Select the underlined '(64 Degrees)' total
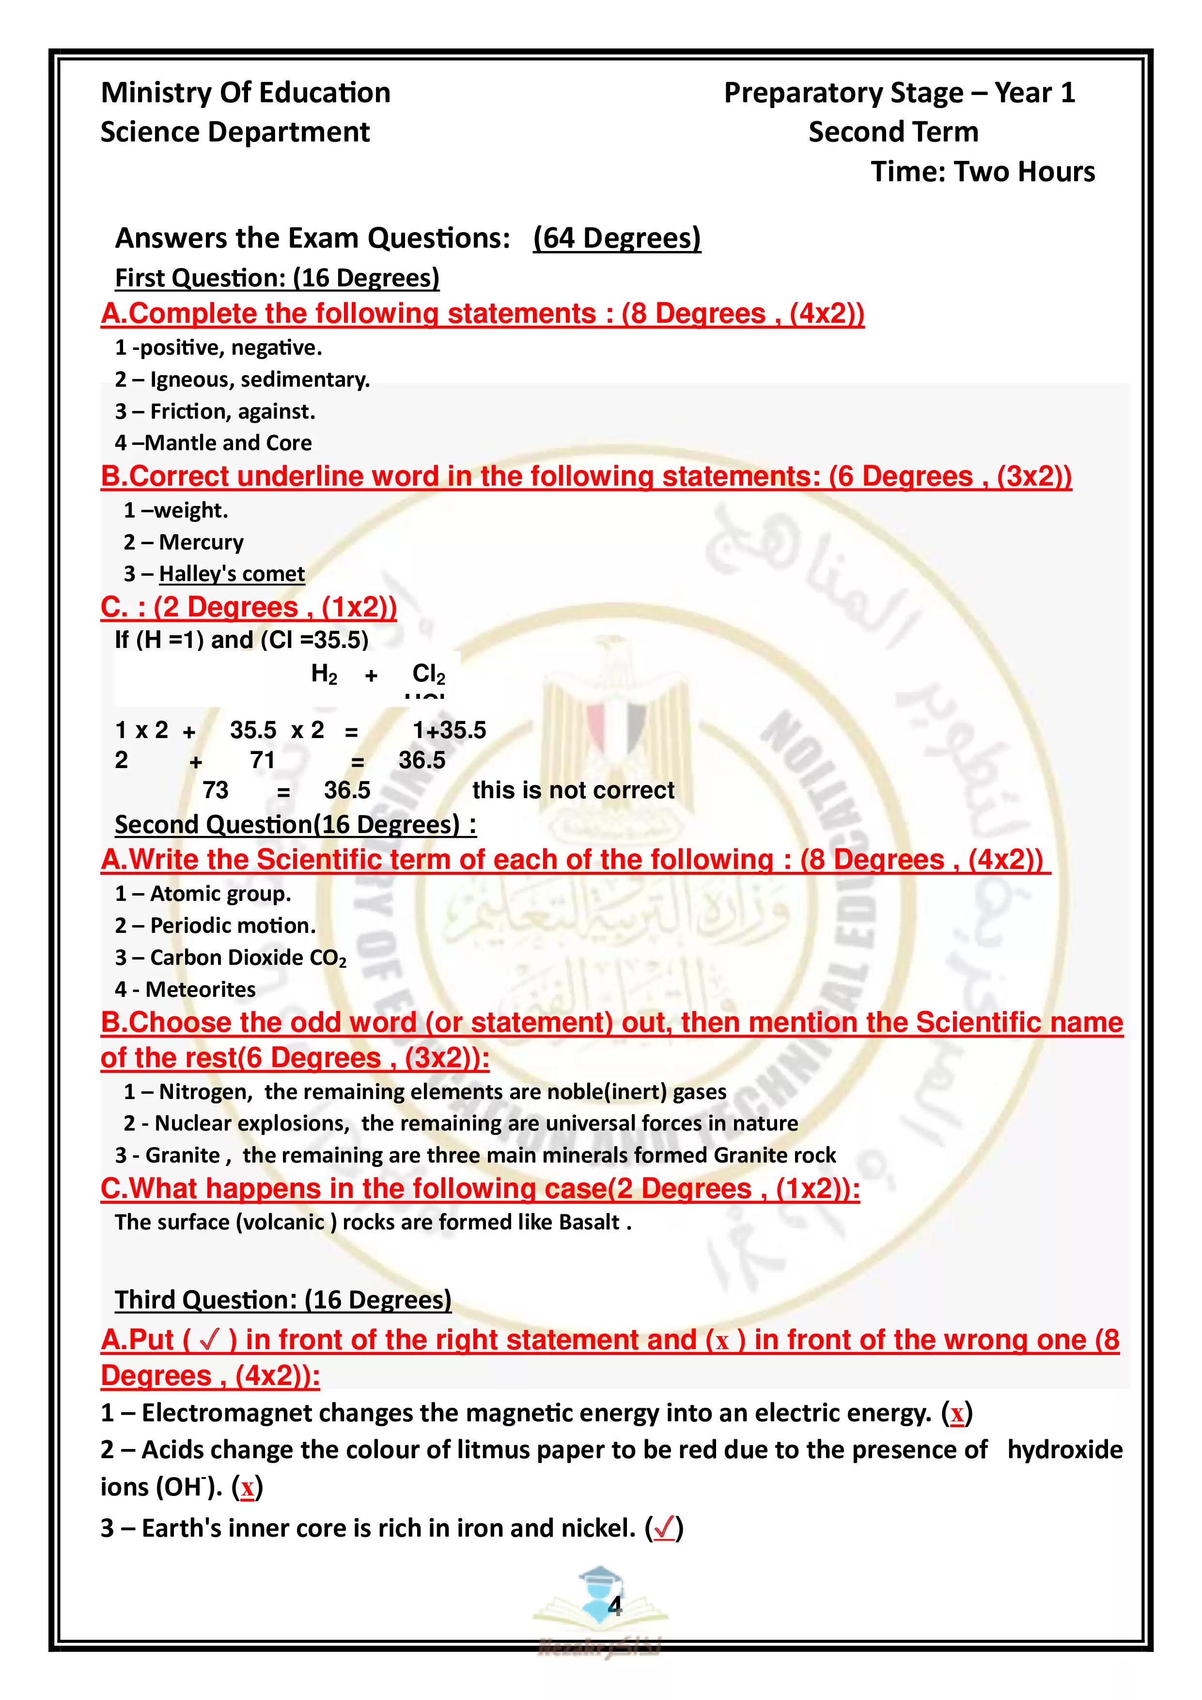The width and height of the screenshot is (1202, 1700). coord(617,238)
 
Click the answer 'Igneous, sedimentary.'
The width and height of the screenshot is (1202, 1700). coord(260,380)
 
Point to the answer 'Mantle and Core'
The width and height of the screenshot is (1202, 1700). coord(229,443)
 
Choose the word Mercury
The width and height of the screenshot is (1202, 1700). coord(202,543)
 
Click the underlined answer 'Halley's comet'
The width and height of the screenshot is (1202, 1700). coord(232,574)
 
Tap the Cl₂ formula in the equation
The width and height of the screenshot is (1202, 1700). coord(429,674)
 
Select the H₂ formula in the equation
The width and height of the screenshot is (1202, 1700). coord(324,674)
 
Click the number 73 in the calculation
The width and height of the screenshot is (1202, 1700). coord(216,790)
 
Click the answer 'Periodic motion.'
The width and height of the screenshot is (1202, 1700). coord(233,926)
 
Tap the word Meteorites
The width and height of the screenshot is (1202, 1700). coord(201,990)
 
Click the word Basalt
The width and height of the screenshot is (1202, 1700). coord(589,1222)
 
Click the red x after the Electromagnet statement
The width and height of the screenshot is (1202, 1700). coord(957,1414)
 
